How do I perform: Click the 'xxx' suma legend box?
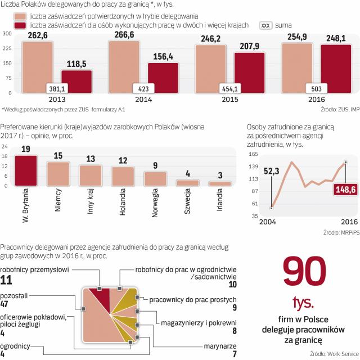coord(266,26)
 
